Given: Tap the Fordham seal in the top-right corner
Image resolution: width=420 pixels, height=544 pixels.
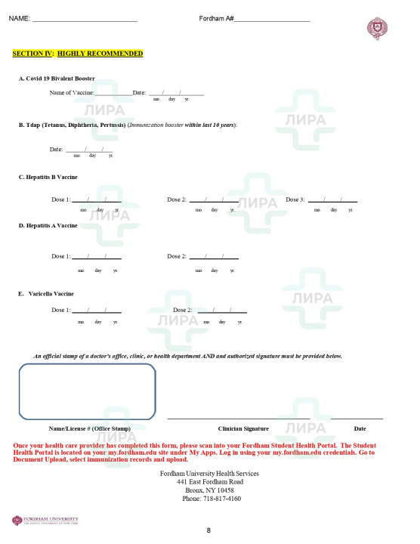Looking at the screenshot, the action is point(377,29).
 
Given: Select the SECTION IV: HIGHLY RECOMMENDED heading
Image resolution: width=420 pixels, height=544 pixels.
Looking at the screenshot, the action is point(78,54).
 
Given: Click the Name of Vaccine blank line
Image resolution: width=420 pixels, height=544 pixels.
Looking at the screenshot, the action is point(113,93).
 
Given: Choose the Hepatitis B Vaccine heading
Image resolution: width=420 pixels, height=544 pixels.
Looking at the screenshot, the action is point(48,178).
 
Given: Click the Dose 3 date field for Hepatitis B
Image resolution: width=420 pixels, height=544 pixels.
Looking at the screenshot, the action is point(332,200).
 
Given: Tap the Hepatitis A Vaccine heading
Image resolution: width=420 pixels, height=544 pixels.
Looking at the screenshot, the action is point(48,225).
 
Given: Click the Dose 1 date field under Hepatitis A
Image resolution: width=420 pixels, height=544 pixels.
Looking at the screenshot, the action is point(96,257).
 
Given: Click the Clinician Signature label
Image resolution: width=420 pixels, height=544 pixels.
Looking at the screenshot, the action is point(243,428).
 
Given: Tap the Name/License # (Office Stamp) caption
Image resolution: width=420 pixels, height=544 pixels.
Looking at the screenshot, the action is point(89,428).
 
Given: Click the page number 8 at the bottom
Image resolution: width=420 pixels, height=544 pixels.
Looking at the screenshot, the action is point(208,530).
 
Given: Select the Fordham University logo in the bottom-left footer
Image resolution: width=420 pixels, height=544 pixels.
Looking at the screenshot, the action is point(45,520).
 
